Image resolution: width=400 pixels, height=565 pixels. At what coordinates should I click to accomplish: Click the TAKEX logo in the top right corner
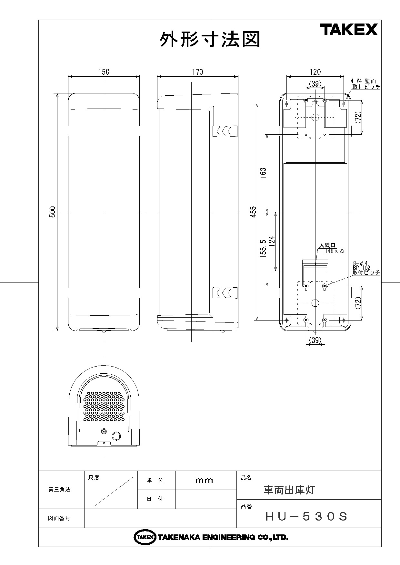click(x=349, y=30)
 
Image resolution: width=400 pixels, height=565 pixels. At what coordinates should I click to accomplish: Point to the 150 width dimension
click(x=104, y=72)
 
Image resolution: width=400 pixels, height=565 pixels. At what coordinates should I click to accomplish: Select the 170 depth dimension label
click(x=198, y=72)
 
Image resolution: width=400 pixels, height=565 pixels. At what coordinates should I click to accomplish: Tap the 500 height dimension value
click(x=53, y=212)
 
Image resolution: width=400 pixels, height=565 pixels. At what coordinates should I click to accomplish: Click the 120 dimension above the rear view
click(x=315, y=72)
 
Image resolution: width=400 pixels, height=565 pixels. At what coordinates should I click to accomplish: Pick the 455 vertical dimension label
click(x=253, y=212)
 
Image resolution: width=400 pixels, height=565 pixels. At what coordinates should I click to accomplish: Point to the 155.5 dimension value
click(x=263, y=249)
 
